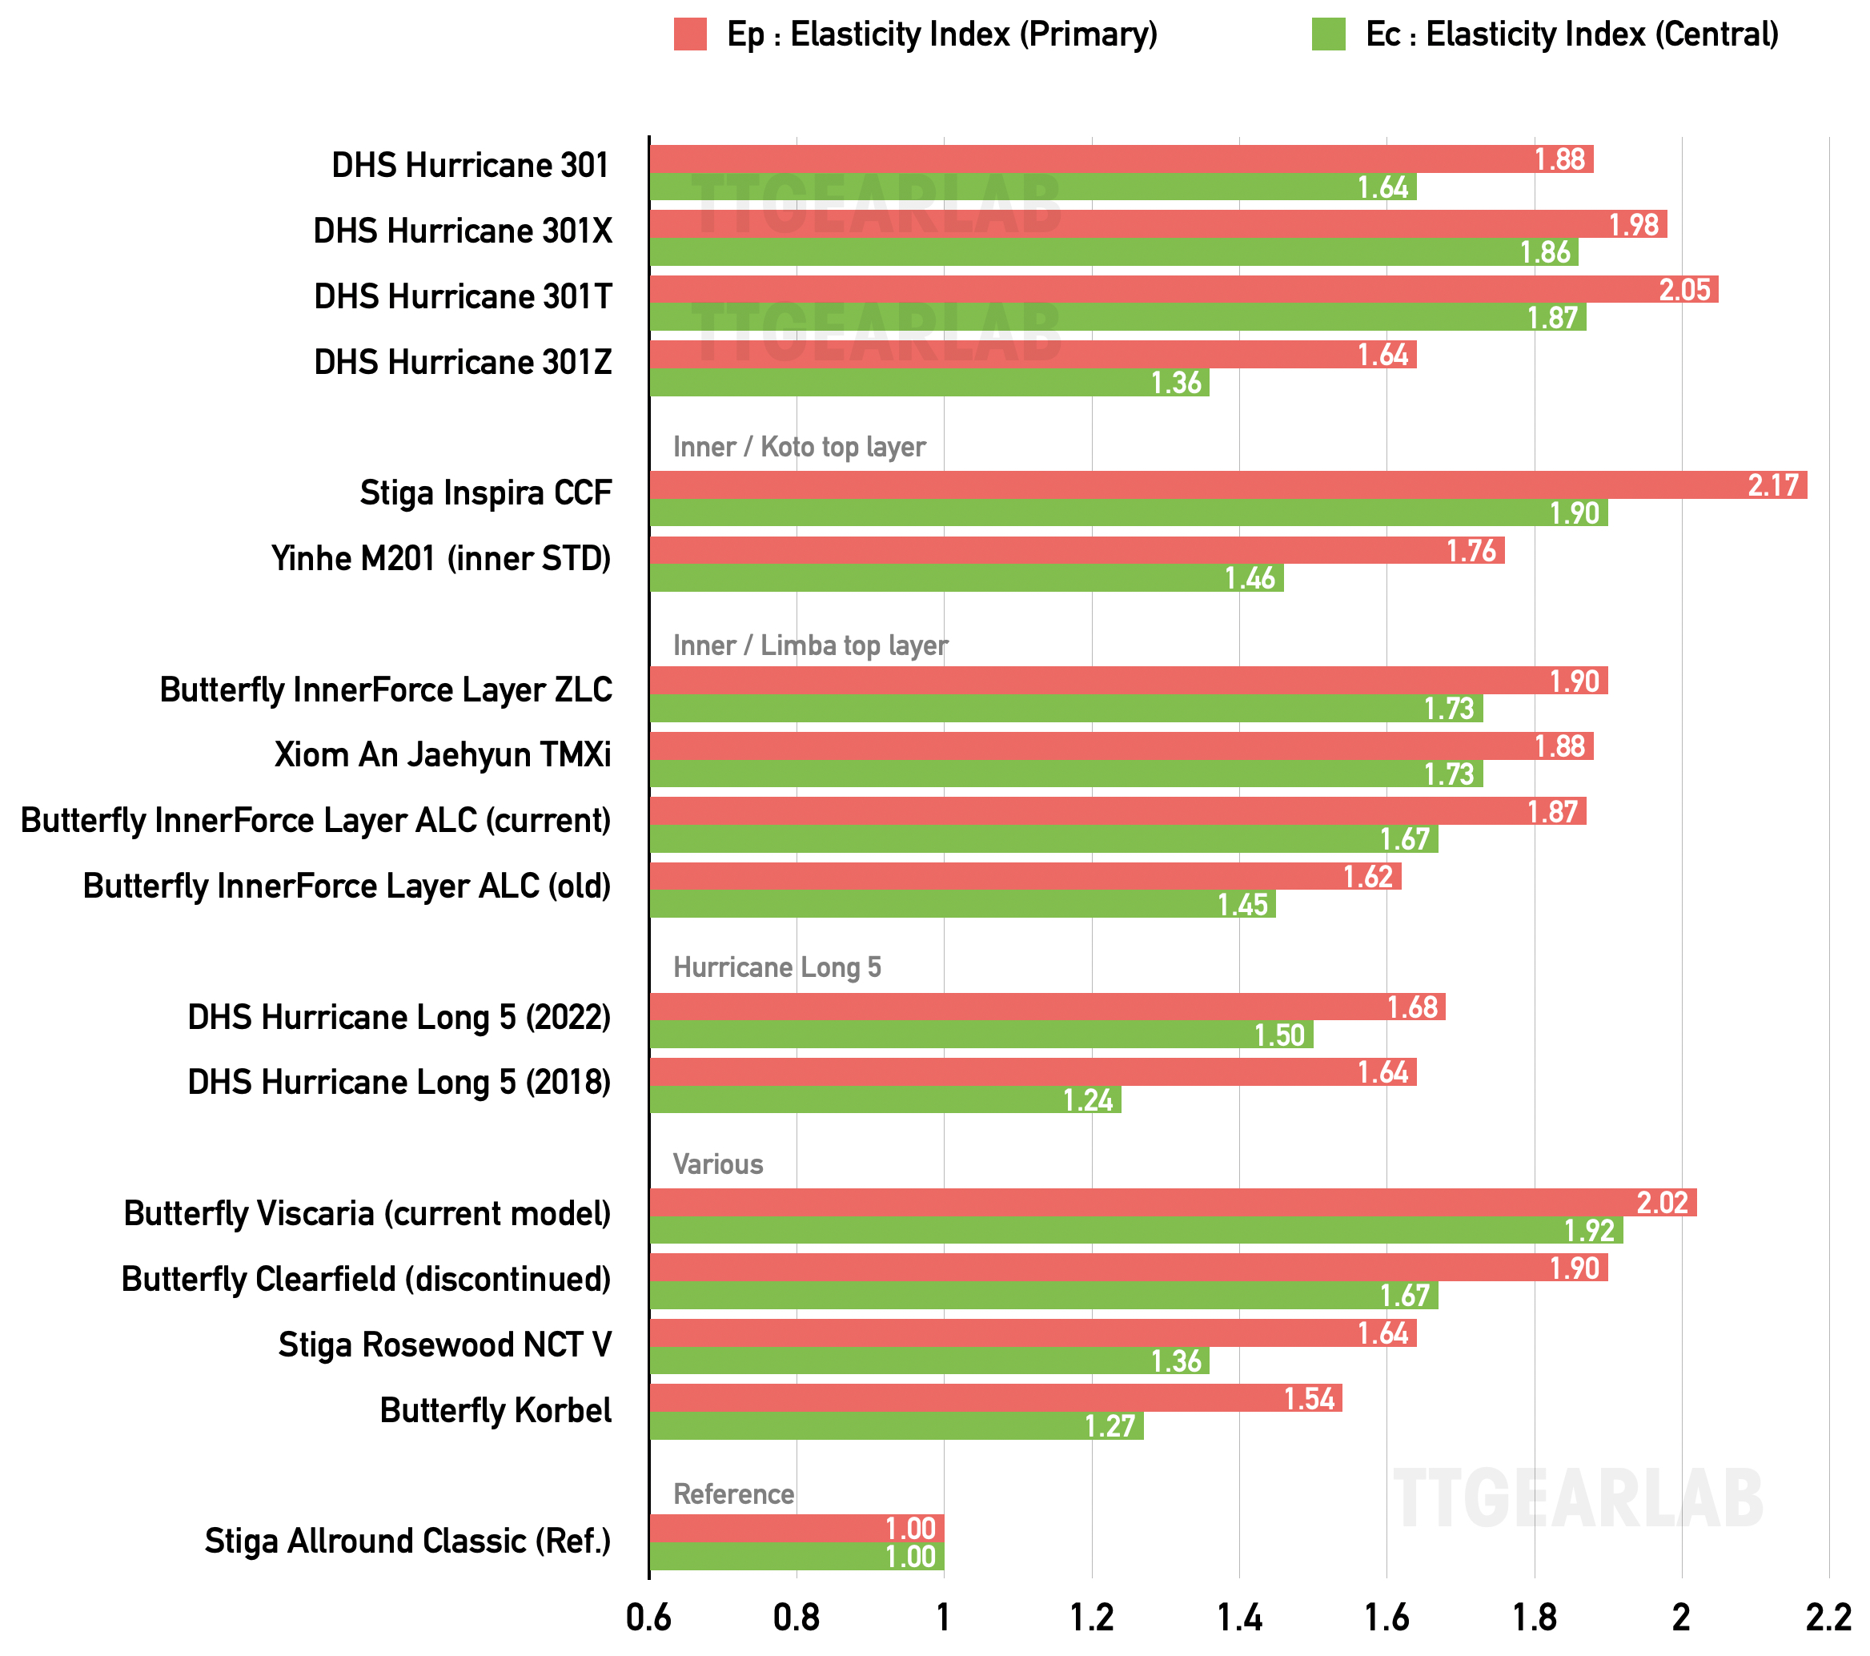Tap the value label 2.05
click(x=1684, y=290)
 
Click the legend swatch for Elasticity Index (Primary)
click(x=690, y=34)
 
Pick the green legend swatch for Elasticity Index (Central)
click(x=1327, y=34)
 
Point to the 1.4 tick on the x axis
click(x=1238, y=1618)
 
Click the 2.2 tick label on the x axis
click(x=1827, y=1618)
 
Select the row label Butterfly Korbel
click(x=495, y=1410)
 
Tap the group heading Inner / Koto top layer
click(x=799, y=447)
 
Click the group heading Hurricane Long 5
click(x=776, y=967)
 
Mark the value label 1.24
click(x=1088, y=1099)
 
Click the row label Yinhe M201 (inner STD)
click(x=441, y=558)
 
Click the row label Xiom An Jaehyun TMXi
click(x=443, y=755)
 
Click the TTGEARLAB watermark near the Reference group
click(x=1577, y=1498)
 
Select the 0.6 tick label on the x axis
click(x=648, y=1618)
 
